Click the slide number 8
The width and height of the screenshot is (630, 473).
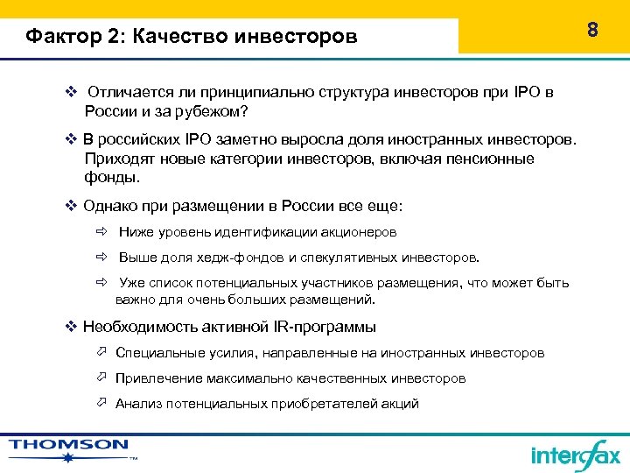[592, 31]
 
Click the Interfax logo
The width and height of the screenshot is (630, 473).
[575, 454]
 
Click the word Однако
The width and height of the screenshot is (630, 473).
[110, 206]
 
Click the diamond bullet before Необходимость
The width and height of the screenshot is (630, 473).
[72, 327]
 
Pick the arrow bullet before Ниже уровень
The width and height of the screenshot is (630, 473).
[101, 232]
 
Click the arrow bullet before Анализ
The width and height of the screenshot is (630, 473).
[101, 404]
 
